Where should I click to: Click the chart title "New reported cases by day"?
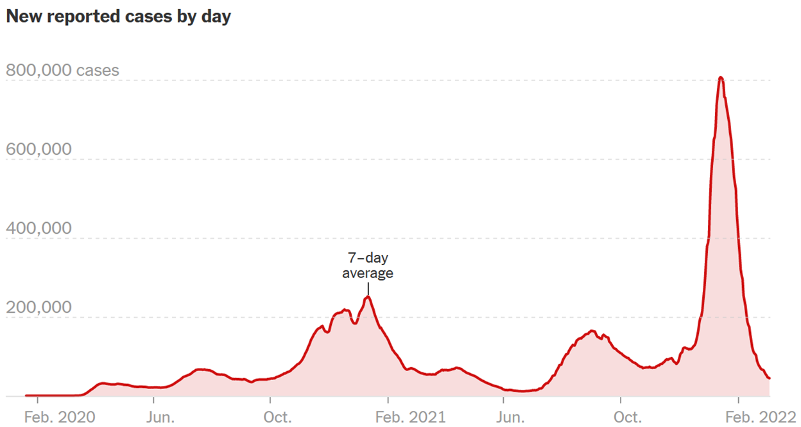tap(118, 17)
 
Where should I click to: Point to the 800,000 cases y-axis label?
tap(62, 70)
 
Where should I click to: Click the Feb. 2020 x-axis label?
tap(60, 417)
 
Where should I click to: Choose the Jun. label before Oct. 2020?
tap(160, 417)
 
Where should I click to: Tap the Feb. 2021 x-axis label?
tap(410, 417)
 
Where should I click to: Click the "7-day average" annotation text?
tap(368, 266)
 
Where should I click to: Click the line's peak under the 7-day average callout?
tap(368, 297)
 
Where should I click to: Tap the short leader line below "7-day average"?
tap(368, 288)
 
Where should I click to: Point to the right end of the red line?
tap(769, 378)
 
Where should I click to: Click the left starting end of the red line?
tap(26, 396)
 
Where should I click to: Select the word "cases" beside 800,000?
tap(98, 70)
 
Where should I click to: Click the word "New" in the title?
tap(22, 17)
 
